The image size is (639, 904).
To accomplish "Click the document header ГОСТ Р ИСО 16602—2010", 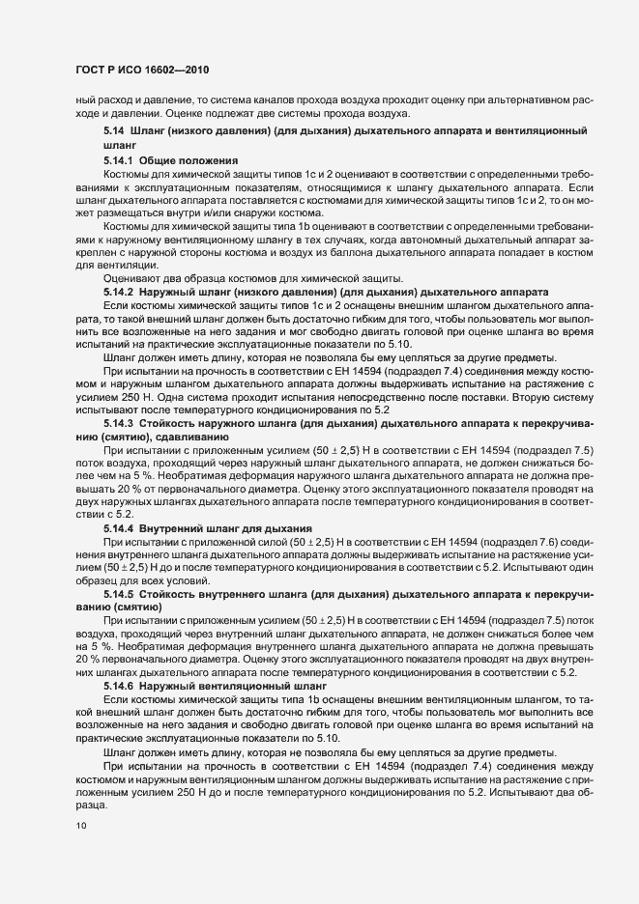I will pos(142,70).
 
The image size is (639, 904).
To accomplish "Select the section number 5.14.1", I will pos(119,158).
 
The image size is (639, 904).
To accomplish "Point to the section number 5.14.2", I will pos(119,291).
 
